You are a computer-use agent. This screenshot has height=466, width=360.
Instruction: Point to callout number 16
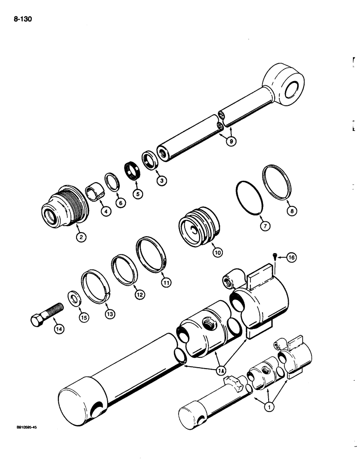pos(291,257)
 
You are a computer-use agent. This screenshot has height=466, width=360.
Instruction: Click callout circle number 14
pos(58,329)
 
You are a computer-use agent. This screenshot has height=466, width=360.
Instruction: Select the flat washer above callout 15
pos(74,298)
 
